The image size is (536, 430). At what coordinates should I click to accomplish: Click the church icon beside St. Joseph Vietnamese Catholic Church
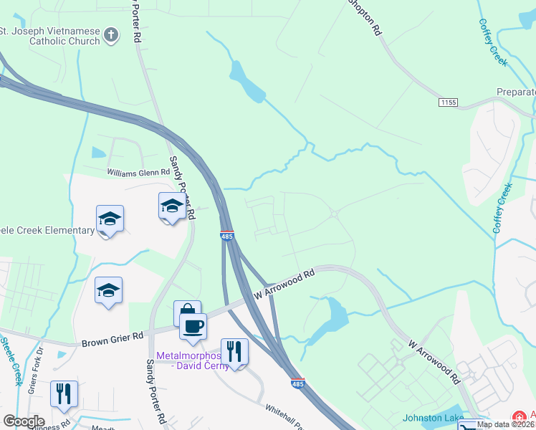(x=111, y=34)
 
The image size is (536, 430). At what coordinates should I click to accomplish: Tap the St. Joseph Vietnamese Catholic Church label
(x=54, y=36)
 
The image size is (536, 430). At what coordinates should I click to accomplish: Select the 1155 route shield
(x=448, y=103)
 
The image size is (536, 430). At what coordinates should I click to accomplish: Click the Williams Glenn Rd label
(x=138, y=172)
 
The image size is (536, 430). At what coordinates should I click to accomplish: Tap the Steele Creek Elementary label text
(x=47, y=231)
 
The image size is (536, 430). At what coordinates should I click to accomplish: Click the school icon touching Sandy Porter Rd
(x=172, y=207)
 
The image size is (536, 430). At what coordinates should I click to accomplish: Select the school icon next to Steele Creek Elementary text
(x=110, y=219)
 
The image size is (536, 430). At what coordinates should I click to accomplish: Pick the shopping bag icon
(x=187, y=312)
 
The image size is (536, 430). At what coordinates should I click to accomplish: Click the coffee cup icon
(x=193, y=326)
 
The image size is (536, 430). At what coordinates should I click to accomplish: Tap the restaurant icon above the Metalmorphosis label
(x=234, y=351)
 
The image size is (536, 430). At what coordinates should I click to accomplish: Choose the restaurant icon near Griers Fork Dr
(x=64, y=393)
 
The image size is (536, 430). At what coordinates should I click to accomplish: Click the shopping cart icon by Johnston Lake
(x=469, y=426)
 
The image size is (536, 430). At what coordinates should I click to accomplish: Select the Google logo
(x=24, y=421)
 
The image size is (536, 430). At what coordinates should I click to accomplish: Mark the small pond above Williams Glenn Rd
(x=98, y=153)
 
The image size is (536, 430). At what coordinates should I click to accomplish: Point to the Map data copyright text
(x=506, y=424)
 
